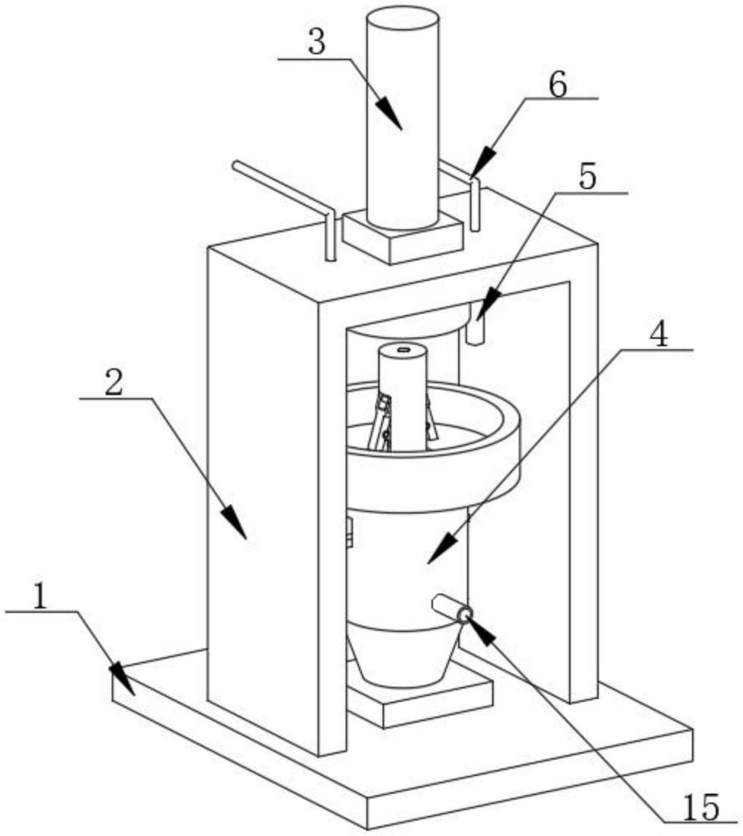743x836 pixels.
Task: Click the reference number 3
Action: [x=317, y=43]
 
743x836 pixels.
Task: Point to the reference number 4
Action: [x=659, y=334]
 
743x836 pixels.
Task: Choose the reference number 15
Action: [x=700, y=808]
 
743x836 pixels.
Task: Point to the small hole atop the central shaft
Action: [x=404, y=349]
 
